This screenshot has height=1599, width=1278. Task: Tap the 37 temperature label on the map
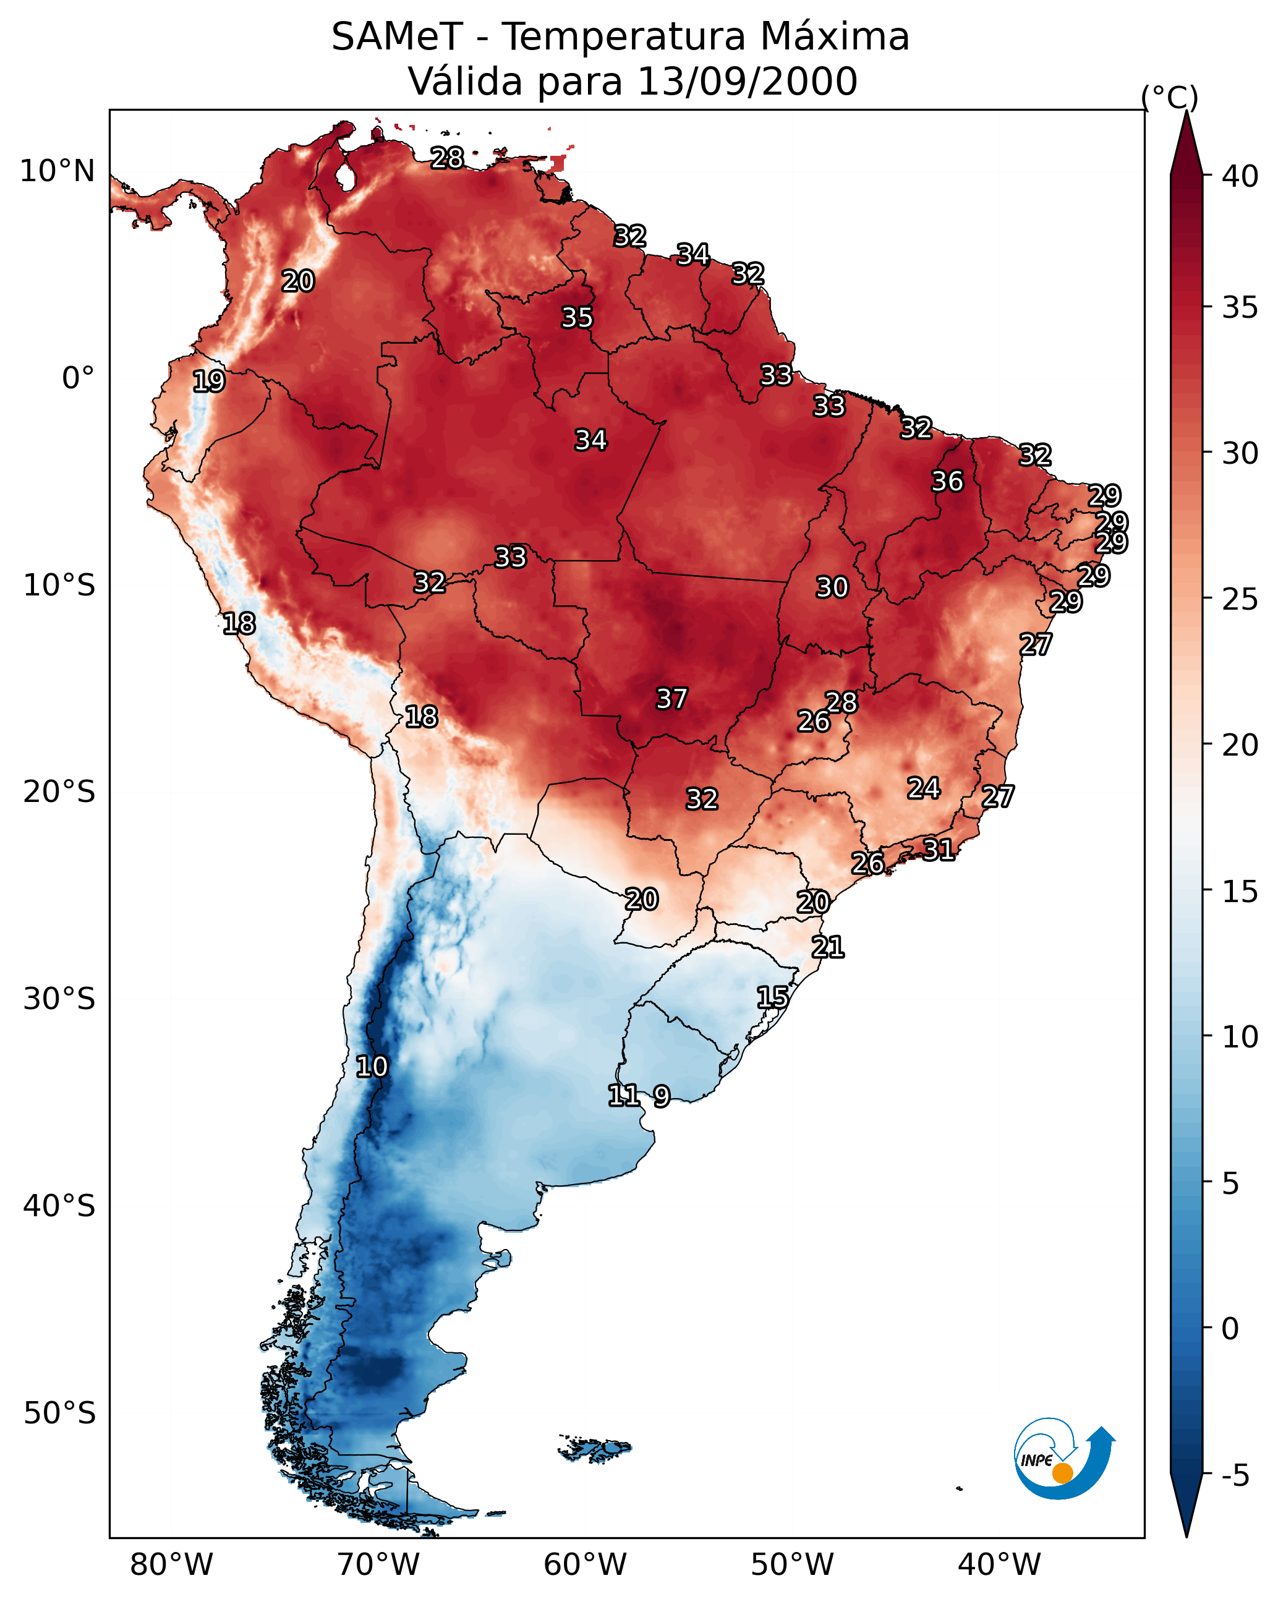click(671, 699)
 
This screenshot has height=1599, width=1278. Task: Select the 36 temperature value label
click(947, 481)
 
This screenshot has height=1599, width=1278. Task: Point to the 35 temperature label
click(576, 317)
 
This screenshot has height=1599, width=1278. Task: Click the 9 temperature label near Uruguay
click(662, 1096)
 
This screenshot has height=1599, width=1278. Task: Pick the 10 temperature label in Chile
click(371, 1067)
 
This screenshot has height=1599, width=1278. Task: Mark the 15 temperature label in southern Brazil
click(772, 997)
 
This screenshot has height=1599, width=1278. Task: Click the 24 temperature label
click(924, 788)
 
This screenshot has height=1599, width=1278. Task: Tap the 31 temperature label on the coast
click(939, 849)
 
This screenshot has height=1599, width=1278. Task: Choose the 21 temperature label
click(827, 947)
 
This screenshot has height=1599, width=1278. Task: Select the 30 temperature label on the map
click(832, 587)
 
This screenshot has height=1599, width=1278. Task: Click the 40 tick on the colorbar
click(1240, 176)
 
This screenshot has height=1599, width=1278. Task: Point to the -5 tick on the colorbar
click(1235, 1476)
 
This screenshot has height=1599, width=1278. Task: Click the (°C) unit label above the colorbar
click(1169, 97)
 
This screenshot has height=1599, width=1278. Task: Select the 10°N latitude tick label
click(57, 171)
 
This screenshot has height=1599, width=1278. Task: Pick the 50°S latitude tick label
click(59, 1414)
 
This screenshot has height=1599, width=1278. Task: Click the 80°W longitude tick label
click(171, 1565)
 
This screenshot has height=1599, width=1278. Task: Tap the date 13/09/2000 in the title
click(747, 82)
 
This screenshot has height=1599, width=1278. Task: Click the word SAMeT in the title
click(397, 37)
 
